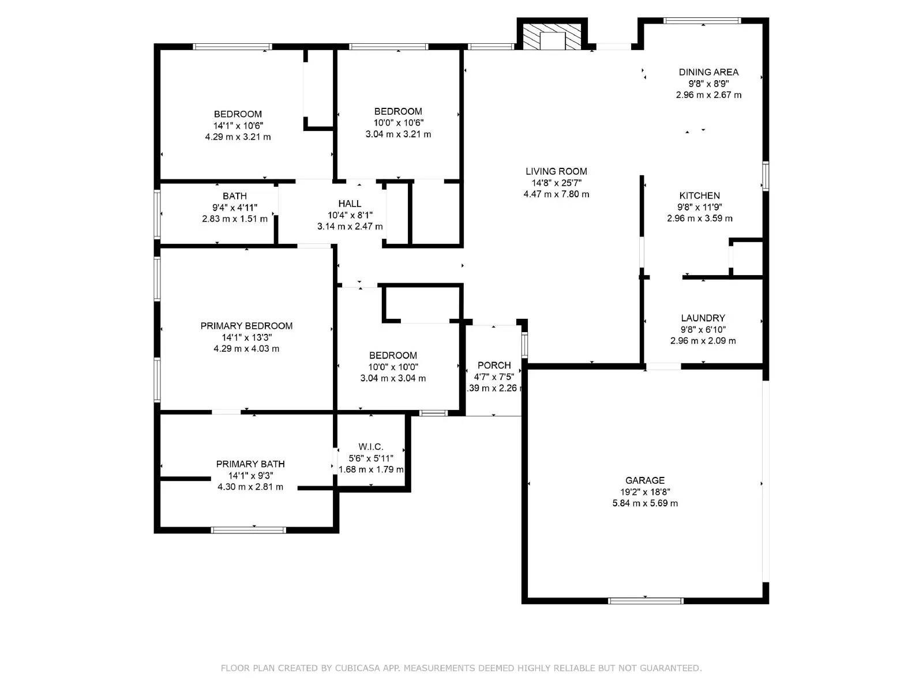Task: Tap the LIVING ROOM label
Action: point(556,171)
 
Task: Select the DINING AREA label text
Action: point(708,72)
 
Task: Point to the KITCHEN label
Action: point(699,195)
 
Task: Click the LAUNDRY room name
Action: point(703,318)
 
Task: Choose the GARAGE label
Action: point(644,480)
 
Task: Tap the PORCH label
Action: point(494,365)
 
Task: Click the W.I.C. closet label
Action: point(370,446)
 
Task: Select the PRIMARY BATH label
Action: point(250,464)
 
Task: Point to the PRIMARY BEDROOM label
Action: point(246,326)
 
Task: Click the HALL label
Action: point(350,204)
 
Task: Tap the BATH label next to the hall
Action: point(235,196)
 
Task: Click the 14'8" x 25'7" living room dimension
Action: point(556,183)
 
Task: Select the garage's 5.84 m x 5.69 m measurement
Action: point(644,503)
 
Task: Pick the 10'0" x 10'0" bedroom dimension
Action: point(393,367)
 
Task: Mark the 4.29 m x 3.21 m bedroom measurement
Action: point(238,137)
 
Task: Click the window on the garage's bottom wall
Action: point(645,601)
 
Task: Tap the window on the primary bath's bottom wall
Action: point(248,530)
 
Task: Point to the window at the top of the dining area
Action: point(702,21)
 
